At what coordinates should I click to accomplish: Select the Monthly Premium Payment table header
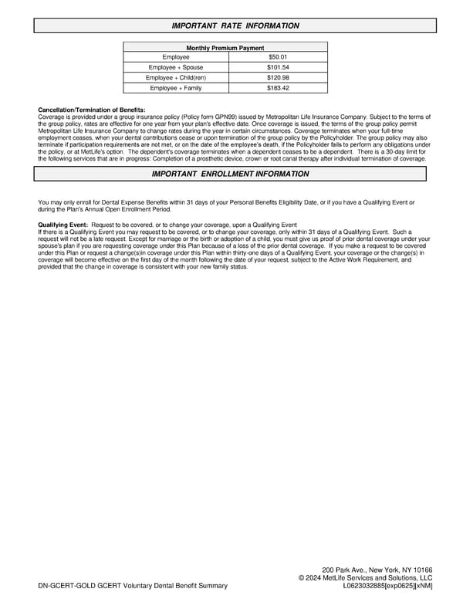(225, 48)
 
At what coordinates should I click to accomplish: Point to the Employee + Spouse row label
(175, 67)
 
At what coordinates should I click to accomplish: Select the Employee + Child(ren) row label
(175, 77)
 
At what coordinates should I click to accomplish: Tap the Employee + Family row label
(175, 88)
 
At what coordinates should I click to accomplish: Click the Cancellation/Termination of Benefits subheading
(91, 110)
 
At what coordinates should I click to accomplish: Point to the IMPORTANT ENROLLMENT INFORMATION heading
(230, 174)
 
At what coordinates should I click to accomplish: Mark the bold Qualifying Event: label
(63, 224)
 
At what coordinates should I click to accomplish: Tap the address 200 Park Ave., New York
(377, 569)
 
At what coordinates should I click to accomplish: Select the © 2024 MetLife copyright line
(365, 577)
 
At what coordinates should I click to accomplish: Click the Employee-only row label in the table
(175, 57)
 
